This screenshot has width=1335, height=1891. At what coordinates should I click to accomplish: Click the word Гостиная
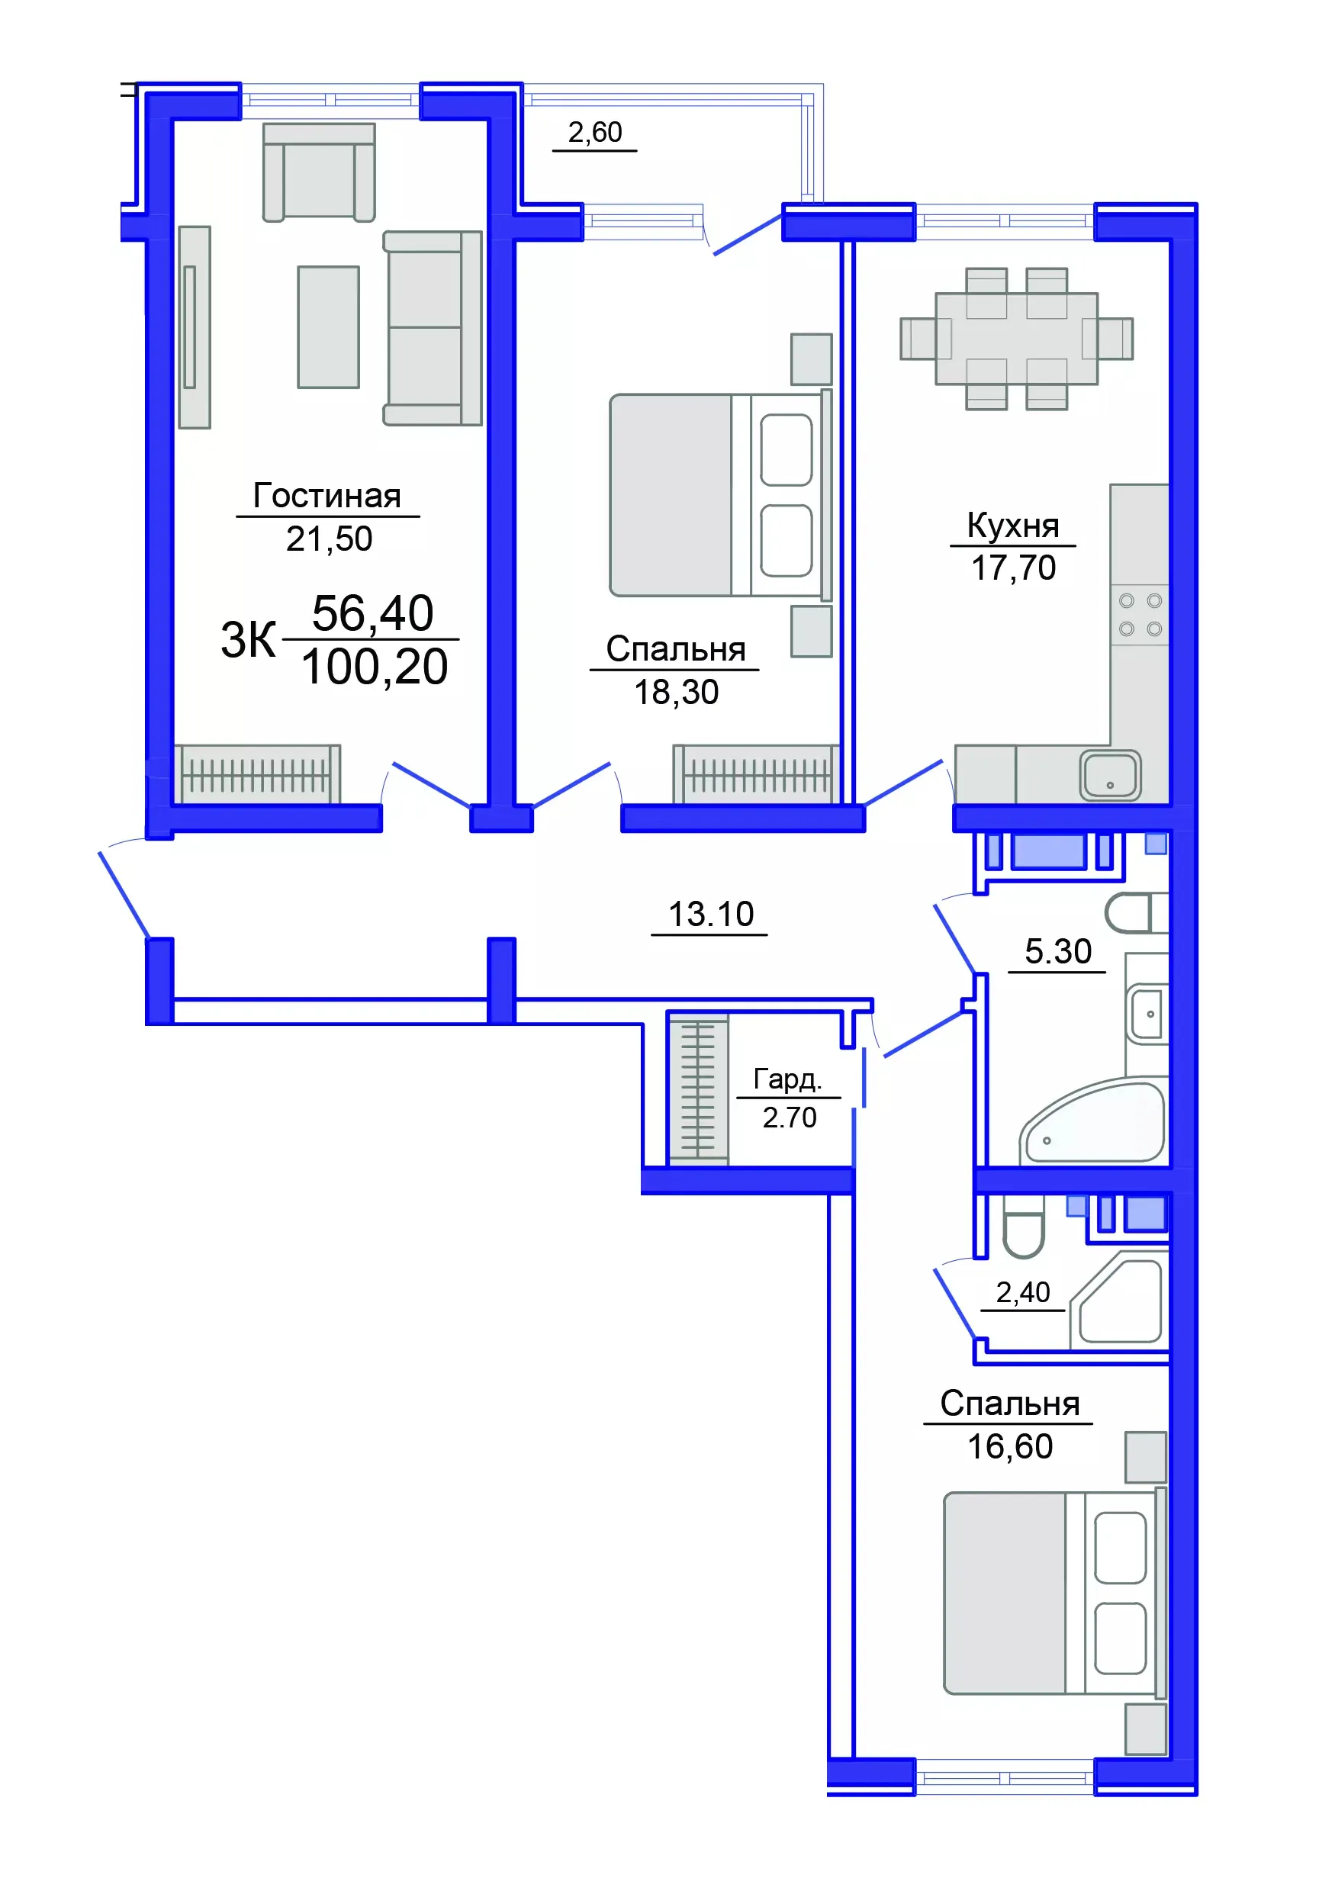(327, 496)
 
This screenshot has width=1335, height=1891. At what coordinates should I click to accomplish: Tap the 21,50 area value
(329, 539)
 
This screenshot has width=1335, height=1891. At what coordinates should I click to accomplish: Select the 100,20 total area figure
(374, 667)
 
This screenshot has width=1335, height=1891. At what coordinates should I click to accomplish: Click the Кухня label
(1012, 526)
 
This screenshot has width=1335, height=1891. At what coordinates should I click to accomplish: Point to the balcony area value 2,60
(594, 132)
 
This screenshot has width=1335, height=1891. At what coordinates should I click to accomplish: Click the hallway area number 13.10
(710, 914)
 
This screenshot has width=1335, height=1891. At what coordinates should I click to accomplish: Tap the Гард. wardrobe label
(787, 1078)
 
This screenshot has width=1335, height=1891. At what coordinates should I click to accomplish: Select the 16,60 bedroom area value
(1010, 1446)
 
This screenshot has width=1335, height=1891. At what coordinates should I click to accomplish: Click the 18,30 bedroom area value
(675, 693)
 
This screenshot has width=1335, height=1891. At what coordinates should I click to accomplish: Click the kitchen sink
(1109, 775)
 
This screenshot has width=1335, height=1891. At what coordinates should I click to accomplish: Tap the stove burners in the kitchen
(1140, 614)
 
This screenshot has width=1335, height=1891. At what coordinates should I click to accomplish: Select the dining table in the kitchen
(1016, 339)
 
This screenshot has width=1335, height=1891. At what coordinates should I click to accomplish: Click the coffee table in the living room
(328, 326)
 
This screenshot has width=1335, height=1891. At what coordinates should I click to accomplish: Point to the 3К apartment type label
(247, 640)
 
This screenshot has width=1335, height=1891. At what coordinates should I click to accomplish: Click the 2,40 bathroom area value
(1022, 1292)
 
